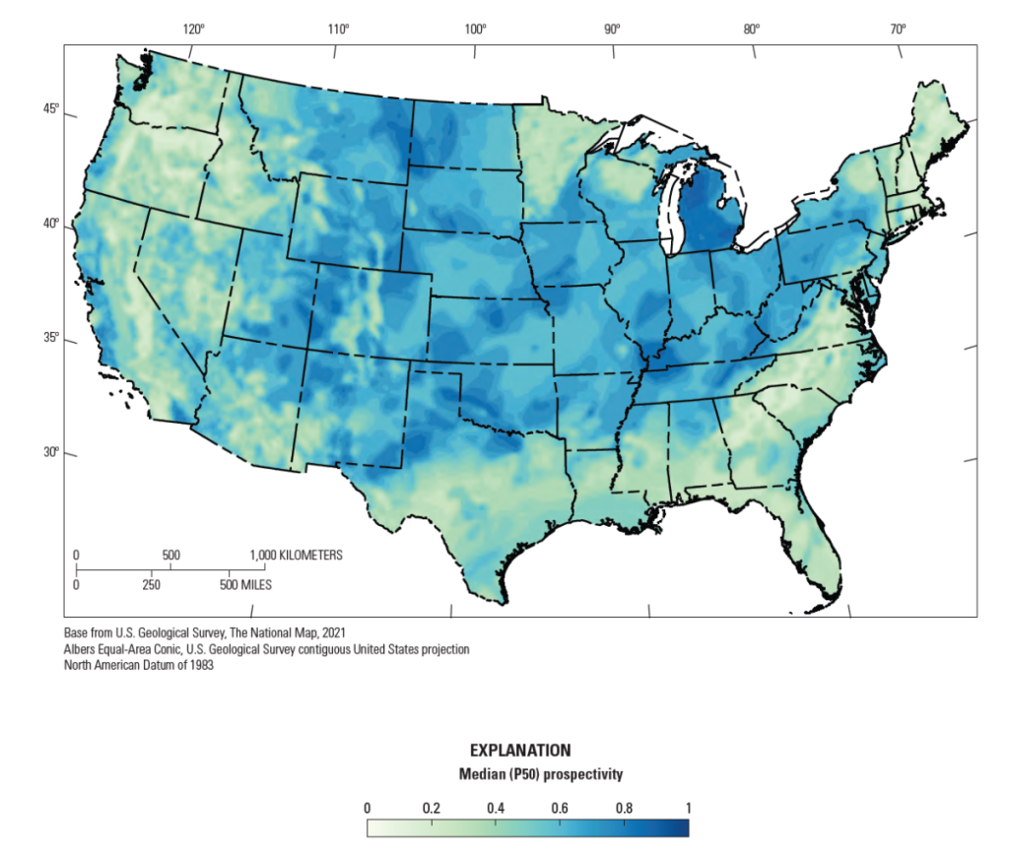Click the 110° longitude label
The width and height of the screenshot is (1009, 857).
tap(339, 29)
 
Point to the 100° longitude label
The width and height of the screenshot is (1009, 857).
tap(476, 29)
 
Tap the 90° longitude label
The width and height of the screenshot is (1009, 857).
tap(613, 29)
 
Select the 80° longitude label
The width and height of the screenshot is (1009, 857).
tap(752, 29)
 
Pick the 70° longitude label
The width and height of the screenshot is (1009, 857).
tap(898, 29)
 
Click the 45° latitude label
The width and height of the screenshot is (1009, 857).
tap(49, 109)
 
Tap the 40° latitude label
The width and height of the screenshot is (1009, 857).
tap(49, 226)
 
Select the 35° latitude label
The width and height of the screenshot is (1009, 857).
tap(49, 340)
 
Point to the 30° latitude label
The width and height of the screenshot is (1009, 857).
tap(49, 453)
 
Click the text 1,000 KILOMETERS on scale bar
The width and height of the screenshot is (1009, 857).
tap(297, 556)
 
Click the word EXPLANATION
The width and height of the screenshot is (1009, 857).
tap(519, 751)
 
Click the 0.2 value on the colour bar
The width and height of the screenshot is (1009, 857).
tap(432, 808)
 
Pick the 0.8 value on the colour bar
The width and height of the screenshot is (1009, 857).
tap(624, 808)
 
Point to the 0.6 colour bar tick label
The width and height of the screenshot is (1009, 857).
tap(560, 808)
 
